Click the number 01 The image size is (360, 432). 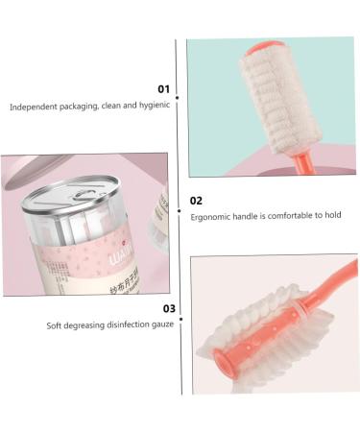pyautogui.click(x=163, y=88)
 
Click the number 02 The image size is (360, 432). pyautogui.click(x=196, y=201)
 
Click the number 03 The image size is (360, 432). pyautogui.click(x=168, y=308)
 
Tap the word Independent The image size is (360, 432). pyautogui.click(x=34, y=106)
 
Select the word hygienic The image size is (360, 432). pyautogui.click(x=153, y=106)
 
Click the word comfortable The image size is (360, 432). pyautogui.click(x=285, y=217)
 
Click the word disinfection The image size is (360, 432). pyautogui.click(x=125, y=325)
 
